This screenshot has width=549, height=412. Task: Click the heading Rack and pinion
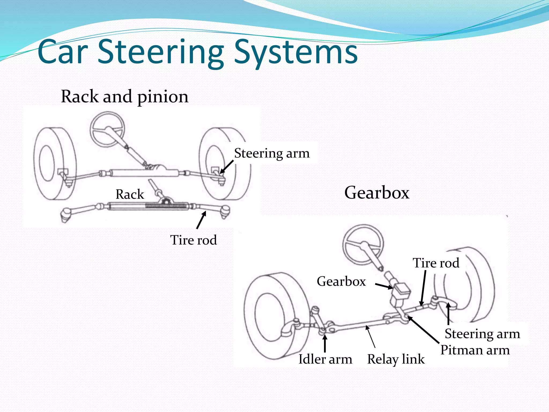point(125,97)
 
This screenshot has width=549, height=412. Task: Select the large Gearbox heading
point(377,193)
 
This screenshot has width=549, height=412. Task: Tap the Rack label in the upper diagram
point(130,194)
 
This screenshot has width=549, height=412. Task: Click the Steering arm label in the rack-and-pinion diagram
point(272,153)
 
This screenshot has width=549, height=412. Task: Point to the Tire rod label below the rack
point(193,240)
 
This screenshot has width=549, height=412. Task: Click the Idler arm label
point(325,359)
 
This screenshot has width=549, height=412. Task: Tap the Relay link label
point(396,359)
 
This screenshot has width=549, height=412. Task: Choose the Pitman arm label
point(475,350)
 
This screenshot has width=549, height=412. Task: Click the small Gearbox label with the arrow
point(341,281)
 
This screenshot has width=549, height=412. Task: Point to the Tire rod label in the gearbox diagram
point(436,263)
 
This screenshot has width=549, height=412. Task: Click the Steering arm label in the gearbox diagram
point(482,334)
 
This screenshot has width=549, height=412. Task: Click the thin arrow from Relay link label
point(370,337)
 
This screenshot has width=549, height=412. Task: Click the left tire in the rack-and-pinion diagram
point(54,164)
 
